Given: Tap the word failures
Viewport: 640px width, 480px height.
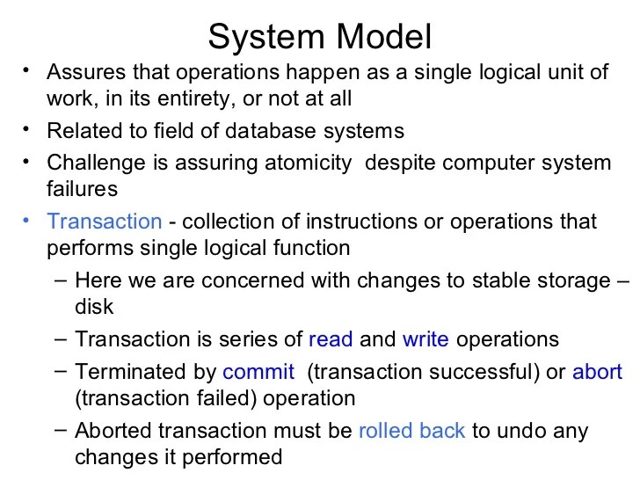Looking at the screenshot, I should click(82, 188).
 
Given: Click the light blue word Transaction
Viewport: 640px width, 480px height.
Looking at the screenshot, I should click(105, 222).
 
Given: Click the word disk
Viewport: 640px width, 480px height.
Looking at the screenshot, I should click(94, 308).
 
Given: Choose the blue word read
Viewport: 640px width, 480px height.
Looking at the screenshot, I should click(331, 339).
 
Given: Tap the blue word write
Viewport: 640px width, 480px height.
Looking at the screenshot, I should click(425, 339).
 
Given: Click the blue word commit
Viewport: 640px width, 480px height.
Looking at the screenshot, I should click(258, 372).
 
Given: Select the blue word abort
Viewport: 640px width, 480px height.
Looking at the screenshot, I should click(597, 372).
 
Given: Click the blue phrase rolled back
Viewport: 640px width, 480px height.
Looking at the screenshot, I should click(412, 432).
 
